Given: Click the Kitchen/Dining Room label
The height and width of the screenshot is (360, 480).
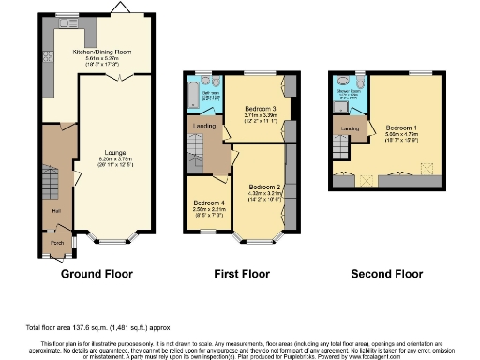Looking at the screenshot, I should click(97, 52).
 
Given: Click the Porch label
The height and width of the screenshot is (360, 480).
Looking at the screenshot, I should click(58, 247).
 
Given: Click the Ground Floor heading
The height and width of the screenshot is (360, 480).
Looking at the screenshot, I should click(95, 274).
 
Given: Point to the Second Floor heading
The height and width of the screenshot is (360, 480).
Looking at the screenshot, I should click(387, 274).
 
